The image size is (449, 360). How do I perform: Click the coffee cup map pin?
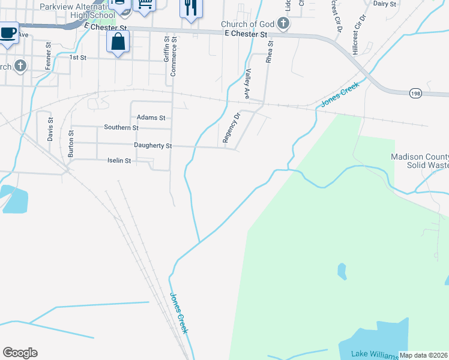coord(8,32)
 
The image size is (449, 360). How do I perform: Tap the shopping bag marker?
coord(118,41)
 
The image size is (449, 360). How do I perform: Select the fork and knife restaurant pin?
coord(191,8)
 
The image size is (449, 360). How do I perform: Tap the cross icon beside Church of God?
coord(284,24)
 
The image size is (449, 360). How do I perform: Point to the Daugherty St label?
coord(153,146)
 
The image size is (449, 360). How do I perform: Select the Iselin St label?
coord(119,160)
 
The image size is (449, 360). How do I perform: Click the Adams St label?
coord(151,118)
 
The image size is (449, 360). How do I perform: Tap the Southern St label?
coord(121,127)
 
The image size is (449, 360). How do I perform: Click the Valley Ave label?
coord(247,83)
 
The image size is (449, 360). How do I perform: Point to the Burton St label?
coord(71,144)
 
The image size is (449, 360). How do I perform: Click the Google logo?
coord(20,353)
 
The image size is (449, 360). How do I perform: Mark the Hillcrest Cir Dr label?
coord(359,35)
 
